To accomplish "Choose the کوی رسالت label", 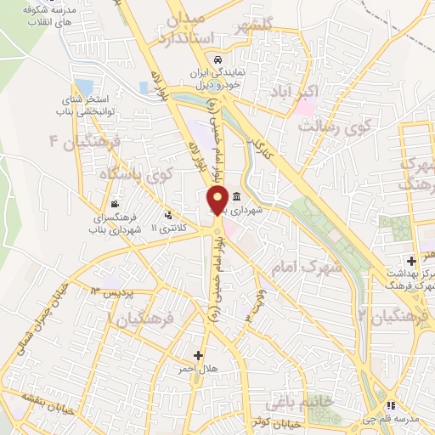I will click(x=336, y=127).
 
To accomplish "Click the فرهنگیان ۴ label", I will click(x=88, y=138).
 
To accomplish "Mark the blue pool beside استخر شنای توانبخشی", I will click(x=83, y=88).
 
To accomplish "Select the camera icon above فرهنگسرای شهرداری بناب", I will click(x=115, y=204).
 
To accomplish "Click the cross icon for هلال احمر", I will click(x=199, y=355).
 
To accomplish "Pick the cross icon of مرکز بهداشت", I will click(x=411, y=260).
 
